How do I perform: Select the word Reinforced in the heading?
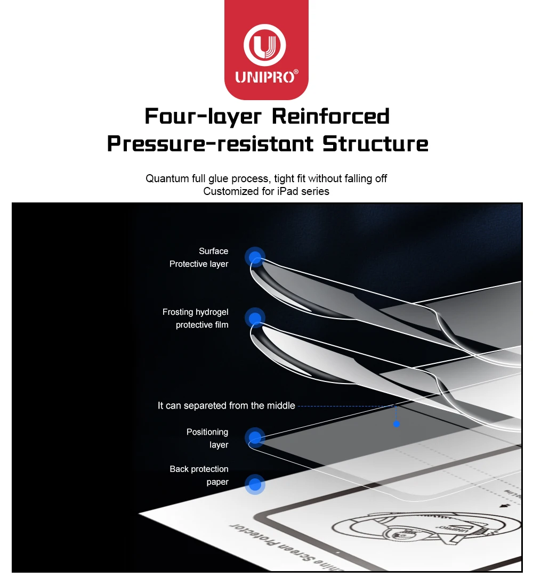pyautogui.click(x=331, y=116)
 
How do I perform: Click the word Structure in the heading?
pyautogui.click(x=375, y=144)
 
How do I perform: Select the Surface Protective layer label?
pyautogui.click(x=199, y=258)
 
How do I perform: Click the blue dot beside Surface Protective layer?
pyautogui.click(x=255, y=257)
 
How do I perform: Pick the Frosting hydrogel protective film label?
pyautogui.click(x=196, y=319)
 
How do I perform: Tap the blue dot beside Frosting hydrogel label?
pyautogui.click(x=255, y=318)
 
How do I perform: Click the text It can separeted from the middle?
pyautogui.click(x=226, y=406)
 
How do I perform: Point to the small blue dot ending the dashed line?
pyautogui.click(x=396, y=424)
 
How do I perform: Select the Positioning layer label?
pyautogui.click(x=208, y=438)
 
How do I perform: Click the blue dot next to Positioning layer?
pyautogui.click(x=255, y=438)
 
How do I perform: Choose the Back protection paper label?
pyautogui.click(x=199, y=476)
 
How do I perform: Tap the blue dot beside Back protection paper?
pyautogui.click(x=255, y=485)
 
